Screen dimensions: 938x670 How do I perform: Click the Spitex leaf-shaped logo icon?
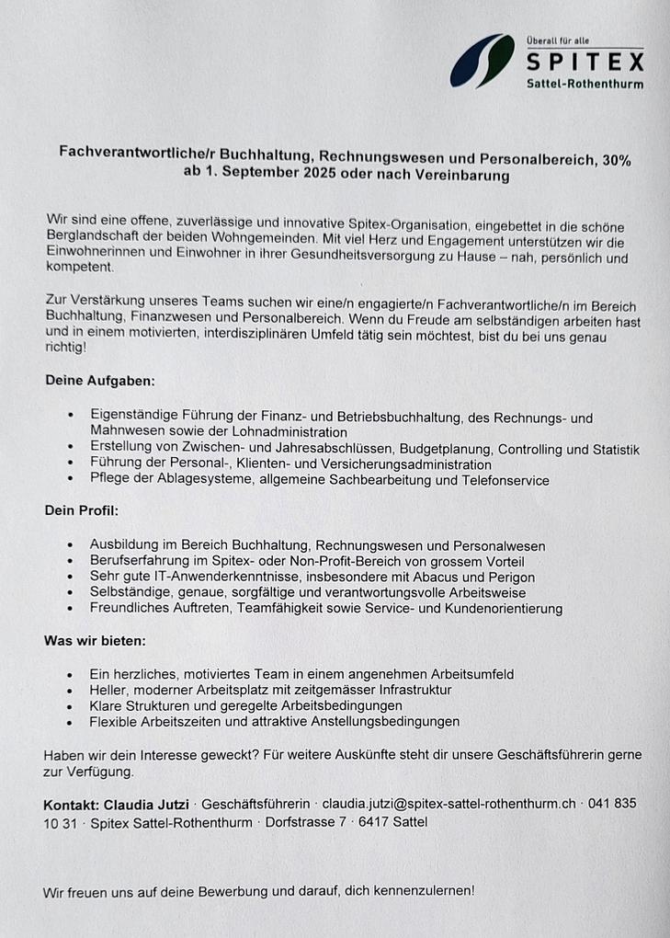pos(483,61)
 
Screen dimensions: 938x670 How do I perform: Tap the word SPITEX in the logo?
pos(585,62)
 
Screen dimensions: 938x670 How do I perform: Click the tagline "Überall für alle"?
pos(558,40)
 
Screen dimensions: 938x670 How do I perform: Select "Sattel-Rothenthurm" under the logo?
pos(585,84)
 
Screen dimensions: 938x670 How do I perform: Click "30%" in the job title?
pos(616,160)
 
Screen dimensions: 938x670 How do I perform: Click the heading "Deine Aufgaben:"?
pos(100,380)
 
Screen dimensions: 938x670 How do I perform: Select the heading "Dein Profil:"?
pos(82,509)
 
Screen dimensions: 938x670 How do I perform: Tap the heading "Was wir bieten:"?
pos(95,640)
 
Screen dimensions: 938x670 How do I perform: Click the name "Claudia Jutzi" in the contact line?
pos(150,805)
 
